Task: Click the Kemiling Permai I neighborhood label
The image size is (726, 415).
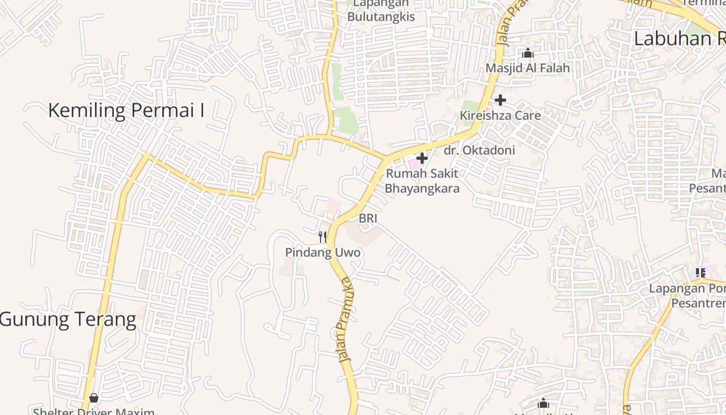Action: tap(126, 110)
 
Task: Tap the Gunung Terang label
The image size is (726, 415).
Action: tap(68, 319)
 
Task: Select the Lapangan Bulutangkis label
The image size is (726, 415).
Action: tap(381, 11)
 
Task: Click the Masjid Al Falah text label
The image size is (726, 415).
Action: tap(527, 68)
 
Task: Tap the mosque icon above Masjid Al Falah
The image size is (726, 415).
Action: tap(528, 53)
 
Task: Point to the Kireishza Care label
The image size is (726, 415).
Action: tap(500, 115)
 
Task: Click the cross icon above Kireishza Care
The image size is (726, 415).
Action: tap(500, 100)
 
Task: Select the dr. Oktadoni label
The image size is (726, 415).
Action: tap(480, 150)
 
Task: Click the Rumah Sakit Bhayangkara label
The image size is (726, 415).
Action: tap(422, 181)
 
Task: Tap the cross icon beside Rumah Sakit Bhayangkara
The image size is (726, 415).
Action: tap(422, 158)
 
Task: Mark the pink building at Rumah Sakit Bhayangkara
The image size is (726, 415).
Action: tap(414, 164)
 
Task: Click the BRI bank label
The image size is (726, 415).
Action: tap(368, 219)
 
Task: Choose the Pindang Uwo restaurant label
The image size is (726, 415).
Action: tap(323, 253)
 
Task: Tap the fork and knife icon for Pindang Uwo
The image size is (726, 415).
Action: tap(323, 237)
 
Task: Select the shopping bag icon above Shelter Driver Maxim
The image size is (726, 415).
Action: tap(94, 398)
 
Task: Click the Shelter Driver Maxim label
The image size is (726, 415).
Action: tap(94, 411)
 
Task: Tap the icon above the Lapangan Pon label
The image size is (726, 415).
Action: tap(701, 272)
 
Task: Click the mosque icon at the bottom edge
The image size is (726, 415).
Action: tap(543, 403)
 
